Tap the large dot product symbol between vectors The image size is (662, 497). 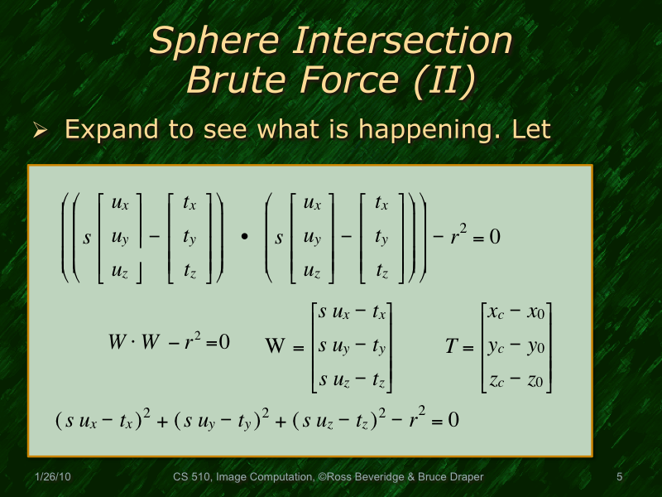(244, 238)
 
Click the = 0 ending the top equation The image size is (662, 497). (484, 237)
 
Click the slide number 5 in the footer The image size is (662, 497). (619, 477)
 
